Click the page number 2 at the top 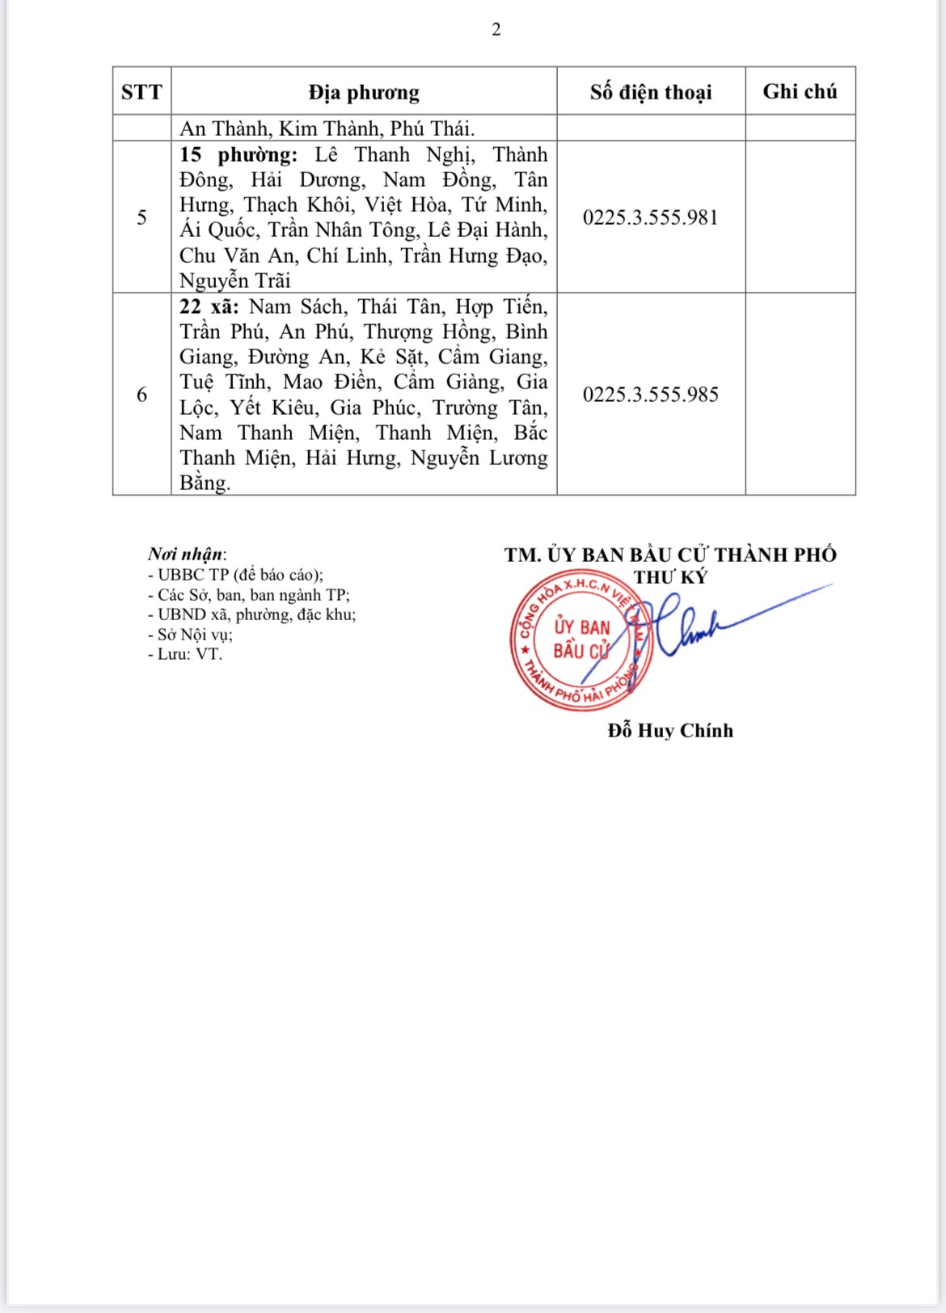point(496,30)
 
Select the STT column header point(141,92)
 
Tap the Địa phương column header point(364,92)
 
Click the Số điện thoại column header point(651,92)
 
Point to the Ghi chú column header point(800,91)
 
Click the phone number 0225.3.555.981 point(651,217)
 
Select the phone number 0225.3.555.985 point(651,395)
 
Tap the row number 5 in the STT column point(141,217)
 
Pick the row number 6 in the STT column point(141,395)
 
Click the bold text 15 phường point(238,154)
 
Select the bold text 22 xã point(209,306)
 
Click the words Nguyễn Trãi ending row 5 point(234,281)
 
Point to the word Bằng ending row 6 point(205,483)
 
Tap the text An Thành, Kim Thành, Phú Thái point(327,129)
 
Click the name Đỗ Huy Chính point(670,731)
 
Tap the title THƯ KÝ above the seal point(670,577)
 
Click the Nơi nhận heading point(187,554)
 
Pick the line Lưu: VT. point(185,654)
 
